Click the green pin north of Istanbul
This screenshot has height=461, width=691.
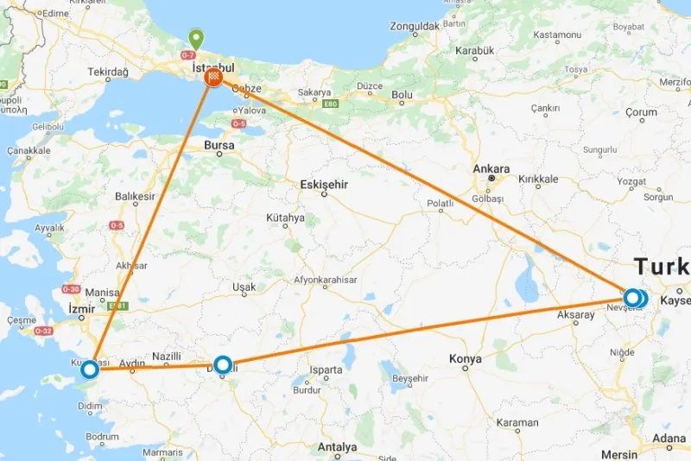tap(197, 40)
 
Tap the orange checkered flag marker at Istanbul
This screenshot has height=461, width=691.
tap(213, 79)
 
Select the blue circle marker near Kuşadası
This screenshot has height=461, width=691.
tap(89, 370)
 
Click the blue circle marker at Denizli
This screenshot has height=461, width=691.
tap(223, 365)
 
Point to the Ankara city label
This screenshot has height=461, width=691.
tap(491, 169)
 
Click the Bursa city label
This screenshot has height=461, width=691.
tap(219, 146)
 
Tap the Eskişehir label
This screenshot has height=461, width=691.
tap(324, 183)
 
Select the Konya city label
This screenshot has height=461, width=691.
tap(466, 358)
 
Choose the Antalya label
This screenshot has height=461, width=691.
tap(337, 447)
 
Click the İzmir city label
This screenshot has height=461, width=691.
tap(81, 308)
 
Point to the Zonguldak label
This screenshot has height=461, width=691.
tap(415, 27)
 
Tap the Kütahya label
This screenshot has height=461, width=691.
tap(286, 218)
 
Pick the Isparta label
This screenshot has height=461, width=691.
tap(326, 370)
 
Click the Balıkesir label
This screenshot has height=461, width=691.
tap(135, 197)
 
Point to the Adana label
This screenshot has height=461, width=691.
tap(669, 439)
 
